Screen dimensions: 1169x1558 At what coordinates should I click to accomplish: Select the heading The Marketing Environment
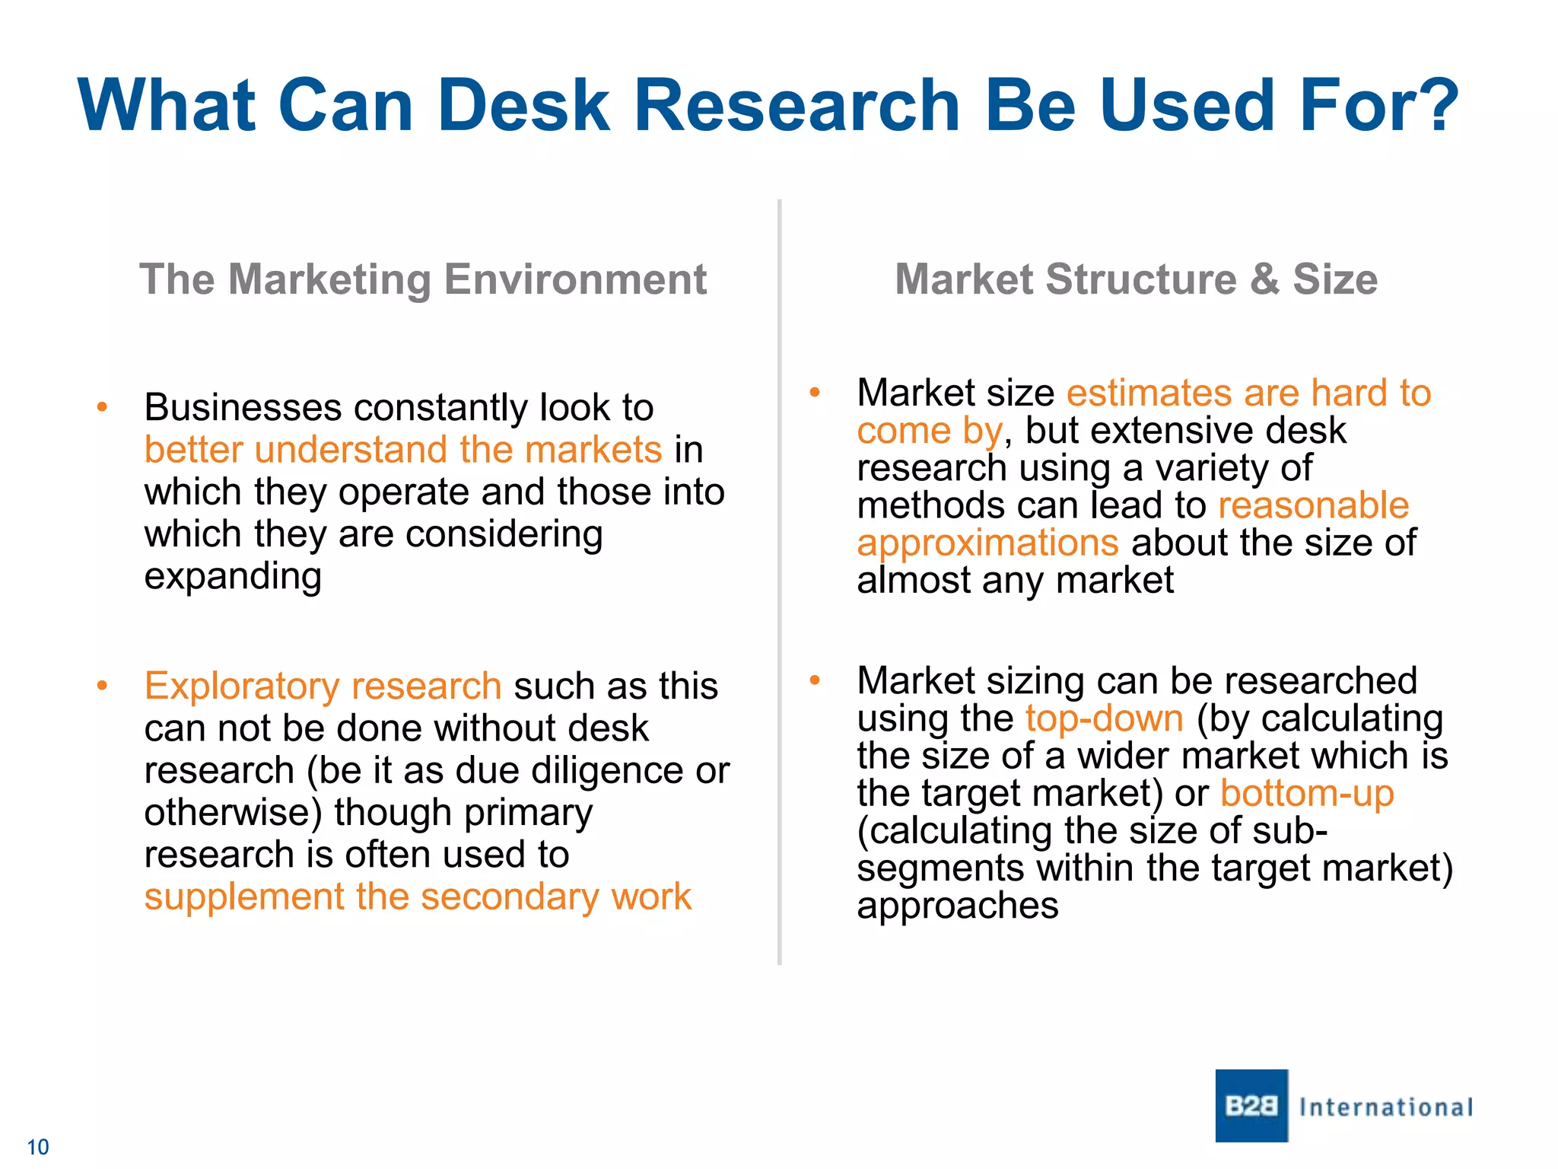(423, 279)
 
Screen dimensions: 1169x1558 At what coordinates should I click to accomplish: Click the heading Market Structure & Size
(1136, 279)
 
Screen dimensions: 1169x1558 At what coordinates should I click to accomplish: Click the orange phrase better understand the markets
(403, 450)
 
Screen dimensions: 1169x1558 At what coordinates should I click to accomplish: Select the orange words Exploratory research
(323, 686)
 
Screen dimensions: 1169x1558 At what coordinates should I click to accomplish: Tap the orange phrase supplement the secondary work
(418, 897)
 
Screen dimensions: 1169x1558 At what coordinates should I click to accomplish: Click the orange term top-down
(1104, 718)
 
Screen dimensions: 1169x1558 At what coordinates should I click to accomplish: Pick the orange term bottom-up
(1307, 793)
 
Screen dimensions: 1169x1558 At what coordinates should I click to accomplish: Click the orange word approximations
(987, 543)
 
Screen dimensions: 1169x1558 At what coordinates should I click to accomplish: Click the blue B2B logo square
(1251, 1105)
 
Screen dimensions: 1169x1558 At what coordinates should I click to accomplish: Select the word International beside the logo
(1386, 1107)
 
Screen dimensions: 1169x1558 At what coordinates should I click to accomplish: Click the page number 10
(37, 1147)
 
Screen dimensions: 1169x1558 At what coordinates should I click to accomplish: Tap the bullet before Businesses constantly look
(102, 408)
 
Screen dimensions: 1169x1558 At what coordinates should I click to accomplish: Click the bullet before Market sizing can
(814, 680)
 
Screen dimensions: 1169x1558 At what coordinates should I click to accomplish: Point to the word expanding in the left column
(233, 576)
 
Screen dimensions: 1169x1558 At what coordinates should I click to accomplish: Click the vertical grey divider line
(780, 578)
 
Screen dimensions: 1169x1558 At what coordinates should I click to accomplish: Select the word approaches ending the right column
(957, 906)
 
